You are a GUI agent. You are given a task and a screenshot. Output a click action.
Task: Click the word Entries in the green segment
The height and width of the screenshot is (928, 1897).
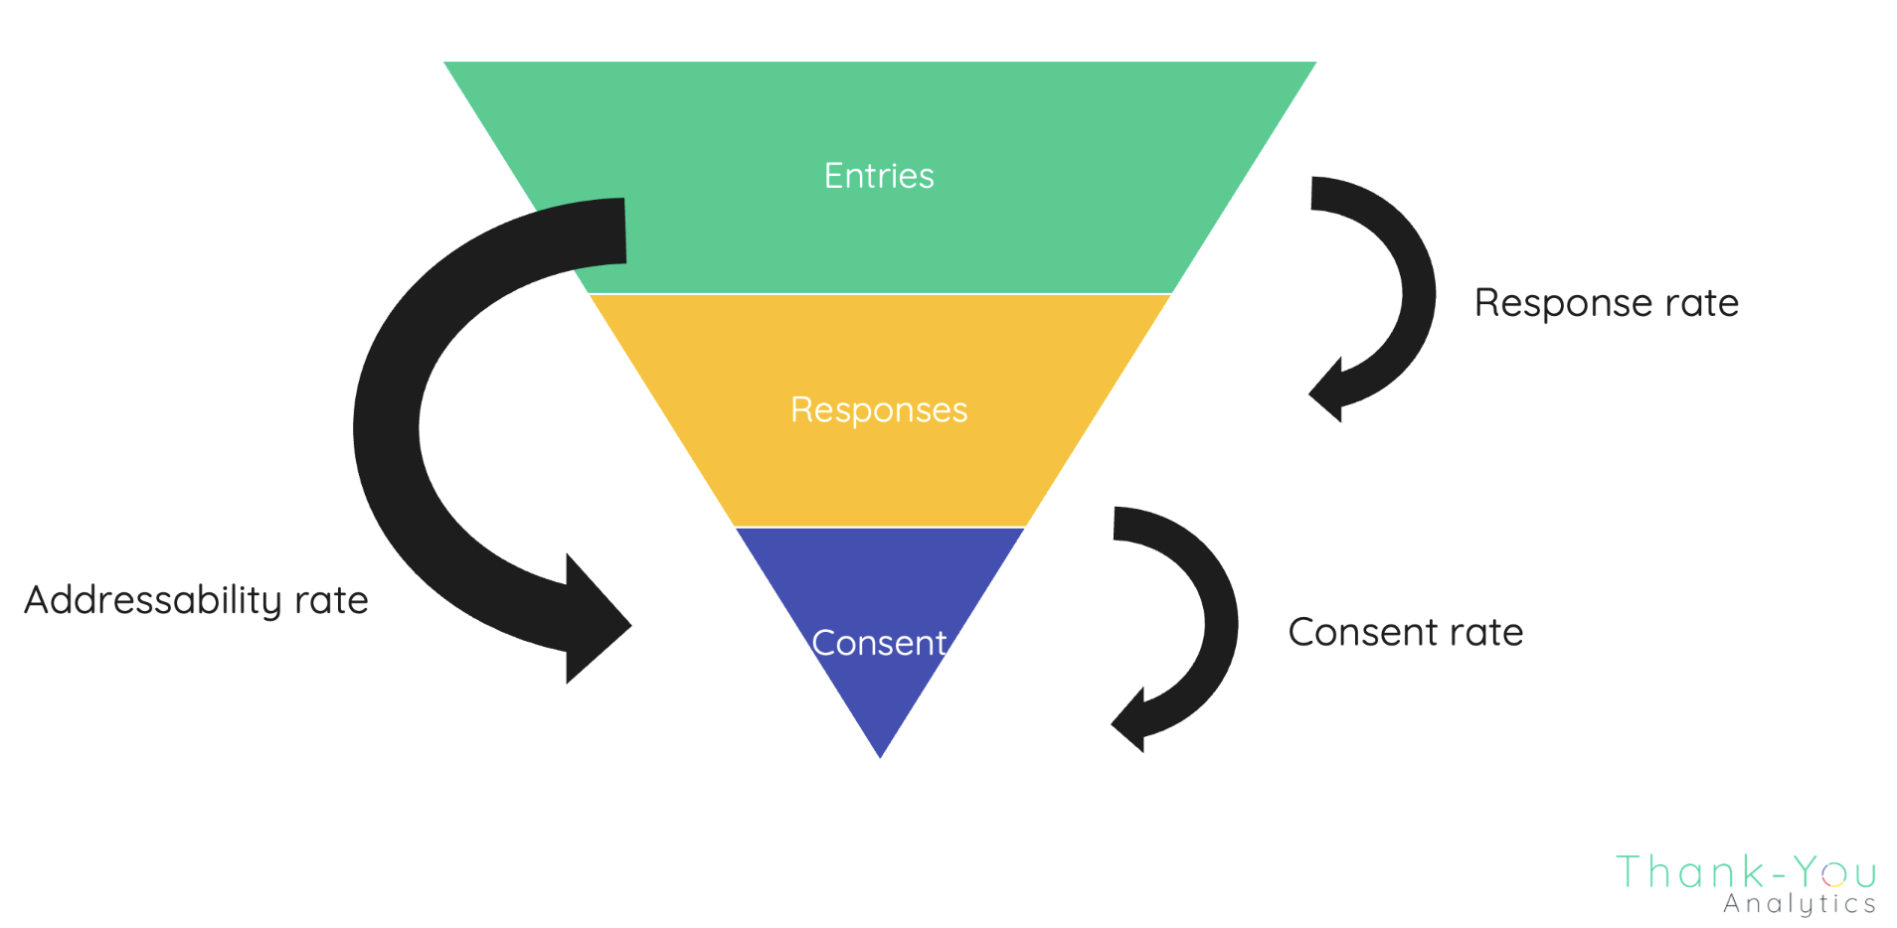click(x=879, y=176)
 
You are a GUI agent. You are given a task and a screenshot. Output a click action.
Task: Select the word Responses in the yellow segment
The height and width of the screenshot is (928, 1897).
click(x=879, y=409)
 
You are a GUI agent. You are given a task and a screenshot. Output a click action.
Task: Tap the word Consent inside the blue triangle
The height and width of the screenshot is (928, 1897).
click(x=879, y=643)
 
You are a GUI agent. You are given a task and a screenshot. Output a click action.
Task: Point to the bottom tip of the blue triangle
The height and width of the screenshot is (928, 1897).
click(x=880, y=755)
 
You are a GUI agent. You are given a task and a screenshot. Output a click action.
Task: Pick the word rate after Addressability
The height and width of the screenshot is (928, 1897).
click(x=331, y=600)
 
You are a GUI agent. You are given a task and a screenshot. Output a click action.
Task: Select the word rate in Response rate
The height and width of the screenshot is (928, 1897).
click(x=1703, y=303)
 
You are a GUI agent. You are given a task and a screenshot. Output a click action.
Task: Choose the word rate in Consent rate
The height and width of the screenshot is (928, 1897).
click(x=1486, y=632)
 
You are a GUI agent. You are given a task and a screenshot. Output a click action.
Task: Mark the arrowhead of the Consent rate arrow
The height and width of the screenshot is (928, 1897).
click(x=1129, y=721)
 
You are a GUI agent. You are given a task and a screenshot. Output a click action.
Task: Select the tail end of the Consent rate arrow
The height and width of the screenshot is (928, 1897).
click(x=1117, y=524)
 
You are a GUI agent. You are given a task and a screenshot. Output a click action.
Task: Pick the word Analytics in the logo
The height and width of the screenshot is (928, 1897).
click(x=1799, y=904)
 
